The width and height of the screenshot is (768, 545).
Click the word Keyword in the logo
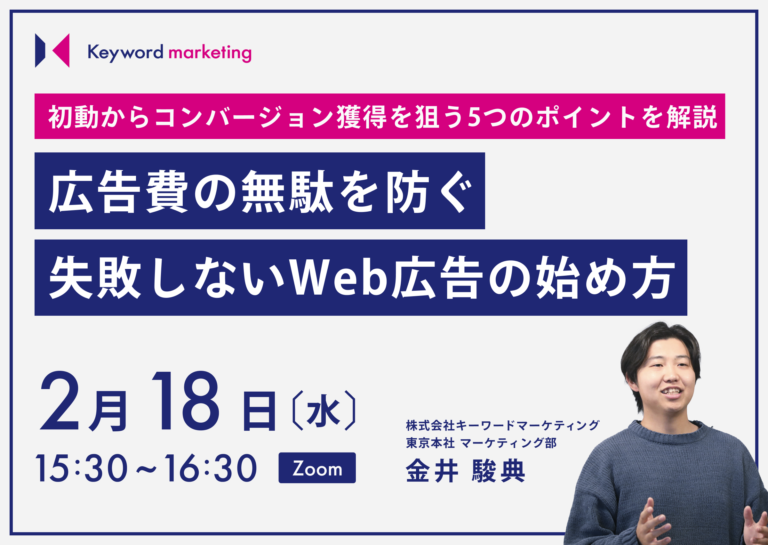coord(125,53)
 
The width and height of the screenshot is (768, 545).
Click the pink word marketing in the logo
coord(210,53)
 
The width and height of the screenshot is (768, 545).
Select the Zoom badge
coord(317,468)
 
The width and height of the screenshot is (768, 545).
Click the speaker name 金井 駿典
coord(465,471)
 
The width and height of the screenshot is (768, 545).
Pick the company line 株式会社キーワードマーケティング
coord(502,426)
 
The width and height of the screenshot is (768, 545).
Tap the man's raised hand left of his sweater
coord(649,524)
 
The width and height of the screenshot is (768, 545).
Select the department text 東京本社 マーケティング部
coord(481,443)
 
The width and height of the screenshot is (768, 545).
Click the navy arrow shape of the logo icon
coord(40,50)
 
